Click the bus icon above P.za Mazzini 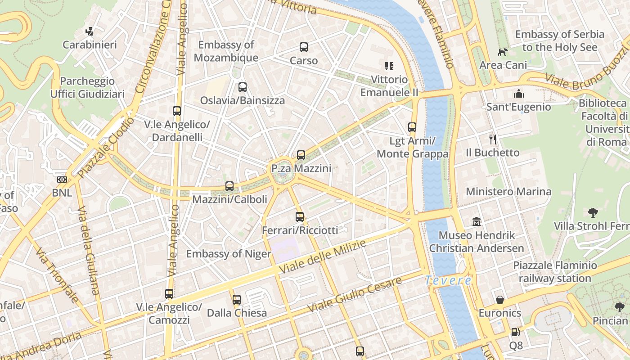(x=301, y=155)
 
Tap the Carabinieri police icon (x=90, y=31)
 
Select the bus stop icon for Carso (x=304, y=47)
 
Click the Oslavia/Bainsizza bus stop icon (x=243, y=87)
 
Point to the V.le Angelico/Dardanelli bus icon (x=177, y=111)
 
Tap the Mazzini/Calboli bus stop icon (x=229, y=186)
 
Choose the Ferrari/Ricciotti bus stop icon (x=300, y=217)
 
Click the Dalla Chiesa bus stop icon (x=237, y=299)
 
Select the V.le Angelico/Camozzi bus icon (x=169, y=294)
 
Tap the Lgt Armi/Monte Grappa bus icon (x=412, y=127)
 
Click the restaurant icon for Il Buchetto (x=493, y=139)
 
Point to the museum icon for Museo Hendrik (x=477, y=222)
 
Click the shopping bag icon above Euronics (x=500, y=300)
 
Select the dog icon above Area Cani (x=503, y=52)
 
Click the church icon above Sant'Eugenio (x=519, y=94)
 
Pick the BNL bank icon (x=62, y=180)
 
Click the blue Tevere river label (x=448, y=280)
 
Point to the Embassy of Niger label (x=229, y=254)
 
